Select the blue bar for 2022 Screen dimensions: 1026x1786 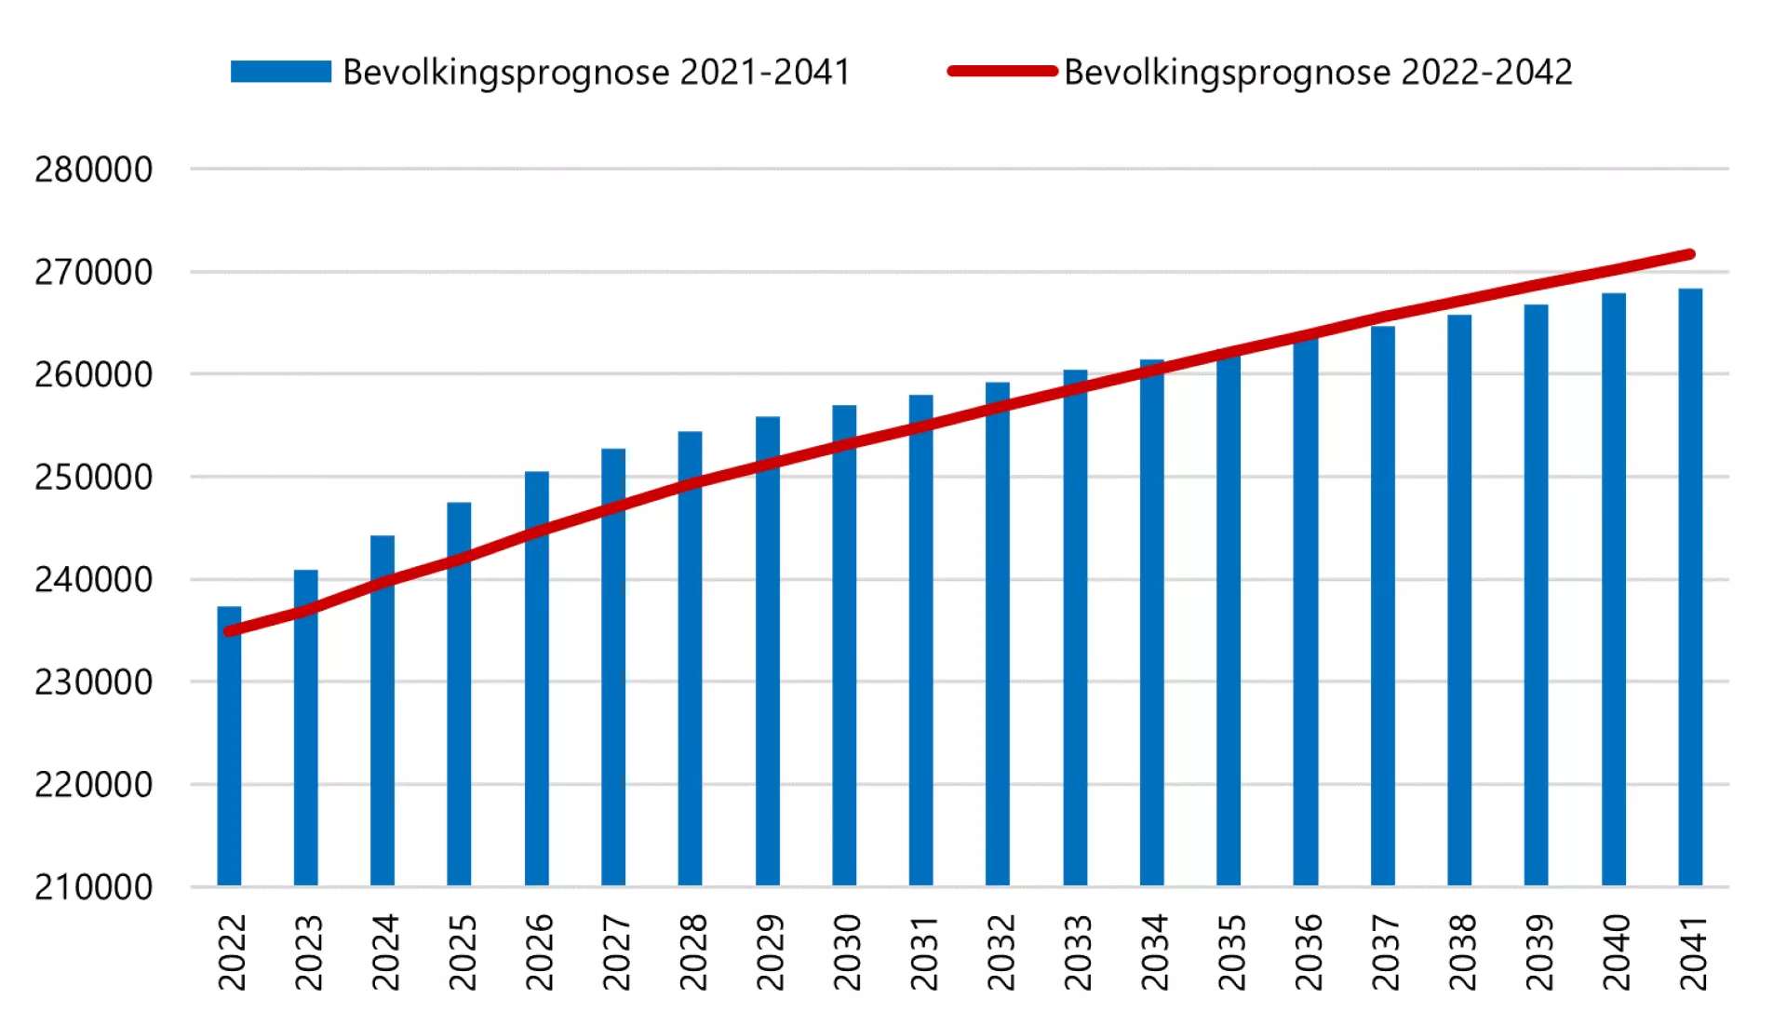(x=229, y=754)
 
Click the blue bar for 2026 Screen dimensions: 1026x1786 (x=537, y=680)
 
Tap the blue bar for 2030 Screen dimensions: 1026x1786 (x=844, y=652)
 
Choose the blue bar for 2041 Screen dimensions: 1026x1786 (x=1690, y=587)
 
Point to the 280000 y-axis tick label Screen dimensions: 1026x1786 (x=93, y=169)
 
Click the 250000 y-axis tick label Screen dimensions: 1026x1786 (x=93, y=477)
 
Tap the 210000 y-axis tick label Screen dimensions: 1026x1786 (x=93, y=887)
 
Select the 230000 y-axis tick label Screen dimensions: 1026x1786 (x=93, y=682)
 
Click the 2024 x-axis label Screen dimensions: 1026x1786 (x=384, y=952)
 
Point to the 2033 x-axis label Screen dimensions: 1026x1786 (x=1077, y=952)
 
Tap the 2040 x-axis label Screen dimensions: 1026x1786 (x=1616, y=952)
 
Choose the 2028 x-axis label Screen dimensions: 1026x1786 (x=692, y=952)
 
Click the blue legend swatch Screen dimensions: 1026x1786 (x=280, y=72)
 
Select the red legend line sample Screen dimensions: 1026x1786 (x=1002, y=72)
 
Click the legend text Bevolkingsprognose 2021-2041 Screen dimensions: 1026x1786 (x=597, y=72)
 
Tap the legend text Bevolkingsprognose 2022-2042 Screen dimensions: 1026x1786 (x=1318, y=72)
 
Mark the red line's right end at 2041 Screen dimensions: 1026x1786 (x=1689, y=254)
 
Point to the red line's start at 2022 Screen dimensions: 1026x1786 (x=229, y=631)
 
